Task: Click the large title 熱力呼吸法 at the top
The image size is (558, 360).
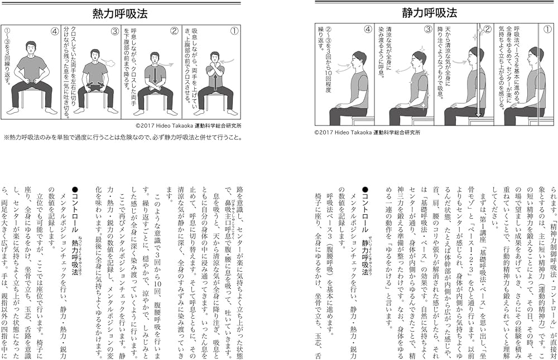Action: [x=122, y=13]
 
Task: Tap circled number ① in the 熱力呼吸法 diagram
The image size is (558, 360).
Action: [x=234, y=31]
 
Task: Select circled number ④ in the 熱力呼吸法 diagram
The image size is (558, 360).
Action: [x=55, y=31]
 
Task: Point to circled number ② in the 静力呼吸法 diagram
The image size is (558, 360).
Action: [x=487, y=31]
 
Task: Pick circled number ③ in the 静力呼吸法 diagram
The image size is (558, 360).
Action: [x=427, y=31]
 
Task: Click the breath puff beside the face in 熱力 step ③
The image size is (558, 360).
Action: [x=109, y=63]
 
